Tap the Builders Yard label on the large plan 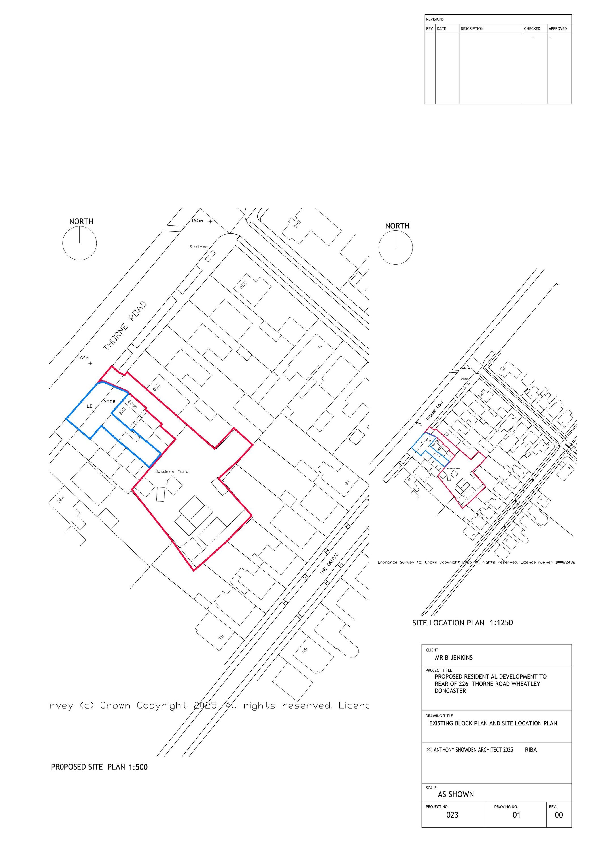[172, 471]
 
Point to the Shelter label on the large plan [198, 247]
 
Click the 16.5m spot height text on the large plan [197, 220]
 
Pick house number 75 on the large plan [221, 637]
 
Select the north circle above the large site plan [80, 243]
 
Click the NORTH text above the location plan [397, 226]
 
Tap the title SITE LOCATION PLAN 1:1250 [462, 623]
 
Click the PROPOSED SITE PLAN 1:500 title [99, 767]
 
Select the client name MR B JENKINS [454, 658]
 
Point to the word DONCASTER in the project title [450, 691]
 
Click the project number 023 [452, 815]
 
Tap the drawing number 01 [516, 815]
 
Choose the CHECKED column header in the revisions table [532, 29]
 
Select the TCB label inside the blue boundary [111, 402]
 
